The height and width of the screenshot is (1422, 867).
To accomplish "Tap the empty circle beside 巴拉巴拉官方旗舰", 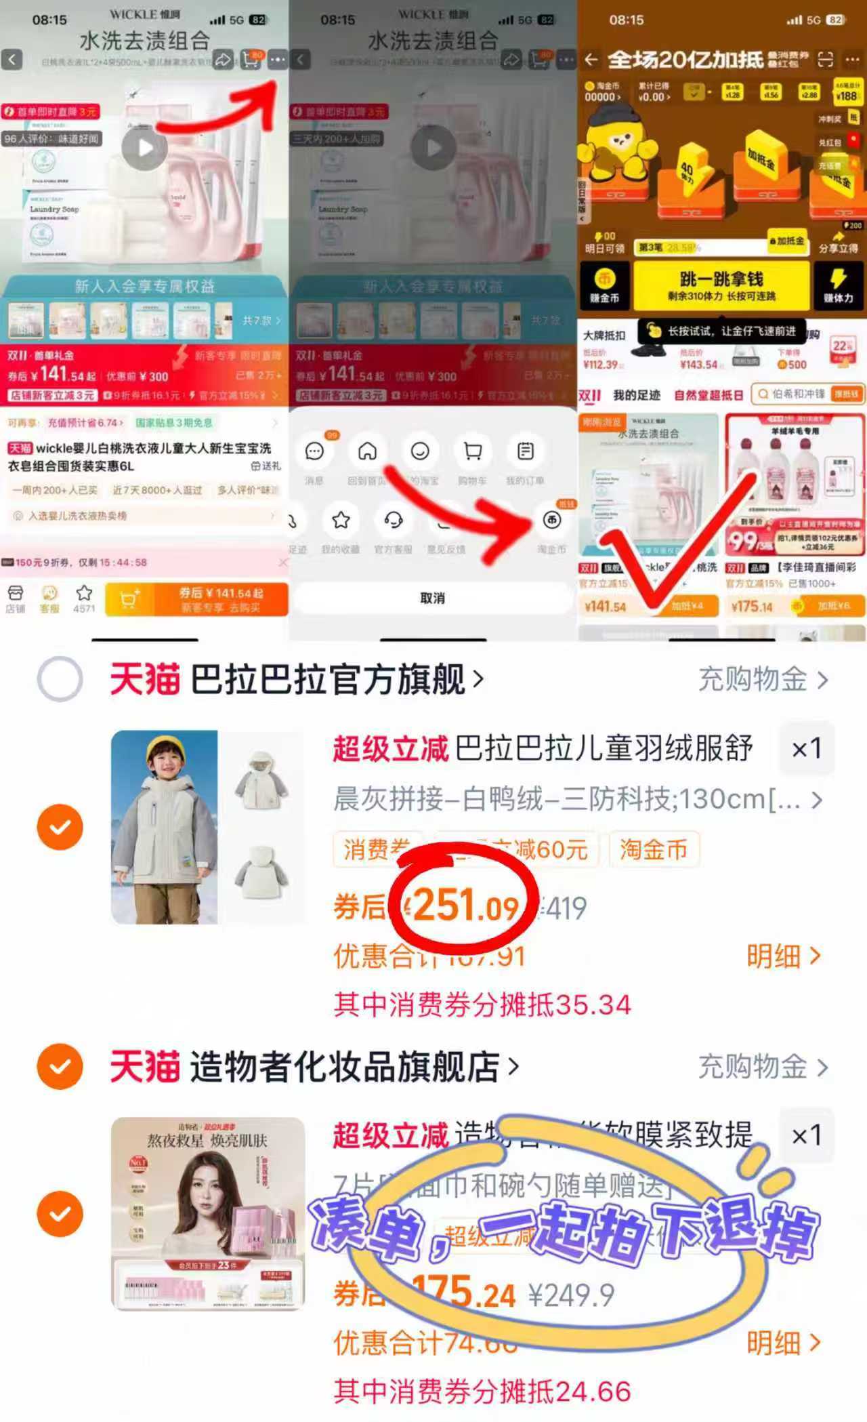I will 60,679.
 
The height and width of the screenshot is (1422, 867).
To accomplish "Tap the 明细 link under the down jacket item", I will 783,956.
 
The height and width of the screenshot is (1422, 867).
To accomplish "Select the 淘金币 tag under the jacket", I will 653,849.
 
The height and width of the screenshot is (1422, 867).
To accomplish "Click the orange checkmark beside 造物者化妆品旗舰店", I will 60,1066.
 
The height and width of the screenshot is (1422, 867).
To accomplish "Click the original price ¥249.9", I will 571,1295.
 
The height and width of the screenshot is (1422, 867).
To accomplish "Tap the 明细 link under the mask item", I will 783,1342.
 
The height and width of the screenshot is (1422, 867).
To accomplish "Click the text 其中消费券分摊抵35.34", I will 482,1004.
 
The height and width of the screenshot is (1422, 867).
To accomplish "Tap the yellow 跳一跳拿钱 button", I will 721,285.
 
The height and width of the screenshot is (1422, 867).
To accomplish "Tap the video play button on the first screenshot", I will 144,148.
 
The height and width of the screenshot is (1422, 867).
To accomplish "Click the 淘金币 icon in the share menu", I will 552,521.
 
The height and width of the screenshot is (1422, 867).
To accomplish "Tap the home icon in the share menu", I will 367,451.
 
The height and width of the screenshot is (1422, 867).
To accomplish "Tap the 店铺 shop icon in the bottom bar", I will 15,598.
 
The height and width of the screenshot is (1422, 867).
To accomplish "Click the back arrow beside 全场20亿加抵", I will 591,60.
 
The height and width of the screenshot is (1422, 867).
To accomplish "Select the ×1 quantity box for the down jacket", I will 807,748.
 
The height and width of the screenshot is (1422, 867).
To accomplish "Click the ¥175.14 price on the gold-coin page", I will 752,606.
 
